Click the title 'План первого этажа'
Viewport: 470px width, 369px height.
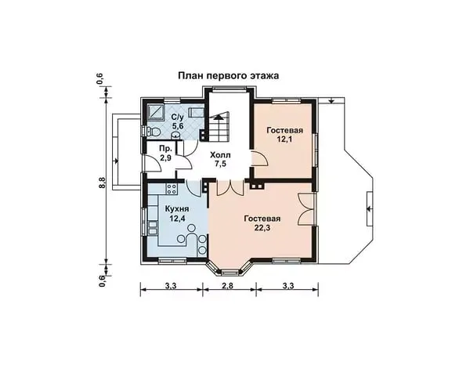[x=229, y=75]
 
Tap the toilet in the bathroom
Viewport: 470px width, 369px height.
[x=154, y=132]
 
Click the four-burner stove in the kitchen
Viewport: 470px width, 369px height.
[x=172, y=189]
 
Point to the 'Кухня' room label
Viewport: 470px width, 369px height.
[x=177, y=208]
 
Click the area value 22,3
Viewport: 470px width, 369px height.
[x=262, y=228]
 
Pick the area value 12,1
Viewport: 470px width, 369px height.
[x=285, y=139]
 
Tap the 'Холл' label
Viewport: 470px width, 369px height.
[x=220, y=155]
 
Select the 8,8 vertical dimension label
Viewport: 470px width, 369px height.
[x=102, y=183]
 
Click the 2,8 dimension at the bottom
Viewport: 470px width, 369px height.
[x=228, y=285]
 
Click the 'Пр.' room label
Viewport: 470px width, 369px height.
[x=165, y=149]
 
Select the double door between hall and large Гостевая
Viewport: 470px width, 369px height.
[x=230, y=188]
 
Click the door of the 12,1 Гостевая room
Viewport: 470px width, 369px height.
[x=259, y=158]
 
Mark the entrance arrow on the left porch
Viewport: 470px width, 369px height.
[x=115, y=161]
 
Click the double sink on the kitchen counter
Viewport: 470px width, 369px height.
[x=153, y=228]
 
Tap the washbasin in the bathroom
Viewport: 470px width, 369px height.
[x=176, y=136]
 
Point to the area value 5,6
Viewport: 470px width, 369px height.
[x=178, y=125]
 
